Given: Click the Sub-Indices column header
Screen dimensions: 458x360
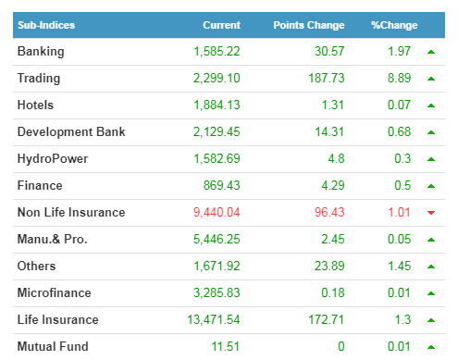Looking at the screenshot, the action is click(x=46, y=25).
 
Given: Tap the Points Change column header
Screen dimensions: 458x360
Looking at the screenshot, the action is click(x=309, y=25).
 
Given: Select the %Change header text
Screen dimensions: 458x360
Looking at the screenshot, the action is click(x=394, y=25).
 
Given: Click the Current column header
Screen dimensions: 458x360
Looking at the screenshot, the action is click(x=221, y=25).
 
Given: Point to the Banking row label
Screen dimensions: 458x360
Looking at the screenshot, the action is click(x=41, y=52).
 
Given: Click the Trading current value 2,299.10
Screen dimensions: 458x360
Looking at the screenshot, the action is click(x=217, y=78).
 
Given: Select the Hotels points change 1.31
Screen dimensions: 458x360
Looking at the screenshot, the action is click(x=332, y=105).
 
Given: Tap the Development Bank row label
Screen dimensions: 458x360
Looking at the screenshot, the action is click(x=71, y=131).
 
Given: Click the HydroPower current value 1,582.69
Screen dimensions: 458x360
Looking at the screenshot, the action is click(x=217, y=158).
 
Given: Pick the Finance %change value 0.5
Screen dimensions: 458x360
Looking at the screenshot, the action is click(x=402, y=185).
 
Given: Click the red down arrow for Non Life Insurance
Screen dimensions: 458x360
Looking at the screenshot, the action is click(x=431, y=213).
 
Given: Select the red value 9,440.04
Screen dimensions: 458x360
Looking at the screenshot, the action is click(x=217, y=212).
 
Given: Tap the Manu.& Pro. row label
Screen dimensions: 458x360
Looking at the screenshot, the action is click(x=52, y=239).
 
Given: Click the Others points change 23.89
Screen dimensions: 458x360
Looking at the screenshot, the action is click(x=329, y=266).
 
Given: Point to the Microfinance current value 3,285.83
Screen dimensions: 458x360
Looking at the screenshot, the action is click(x=217, y=292).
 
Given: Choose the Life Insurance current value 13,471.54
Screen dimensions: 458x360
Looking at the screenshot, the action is click(x=214, y=319).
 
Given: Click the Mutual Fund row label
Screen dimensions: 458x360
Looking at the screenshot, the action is click(x=53, y=346).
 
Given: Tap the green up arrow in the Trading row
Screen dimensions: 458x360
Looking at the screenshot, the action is click(x=431, y=79).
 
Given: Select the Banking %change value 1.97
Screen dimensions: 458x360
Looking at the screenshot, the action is click(x=399, y=51).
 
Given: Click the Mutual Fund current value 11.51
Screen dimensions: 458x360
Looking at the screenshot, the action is click(x=226, y=346).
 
